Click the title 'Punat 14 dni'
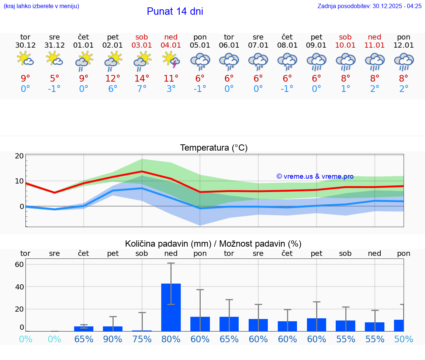point(175,11)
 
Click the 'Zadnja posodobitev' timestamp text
point(369,6)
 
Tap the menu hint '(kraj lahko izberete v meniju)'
point(41,6)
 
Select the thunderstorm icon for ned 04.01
point(171,59)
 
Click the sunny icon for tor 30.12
point(25,59)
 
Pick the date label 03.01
point(142,45)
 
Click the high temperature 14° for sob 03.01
point(142,78)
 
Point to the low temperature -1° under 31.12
point(54,89)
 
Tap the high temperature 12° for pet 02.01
point(113,78)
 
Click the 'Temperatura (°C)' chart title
point(214,148)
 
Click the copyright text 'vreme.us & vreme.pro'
point(315,176)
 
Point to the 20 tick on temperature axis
point(19,156)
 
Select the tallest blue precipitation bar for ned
point(171,307)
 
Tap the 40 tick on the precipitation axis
point(19,287)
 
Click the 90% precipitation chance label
point(113,339)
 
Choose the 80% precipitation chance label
point(171,339)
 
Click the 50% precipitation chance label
point(404,339)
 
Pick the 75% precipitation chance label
point(142,339)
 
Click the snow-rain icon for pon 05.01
point(200,61)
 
